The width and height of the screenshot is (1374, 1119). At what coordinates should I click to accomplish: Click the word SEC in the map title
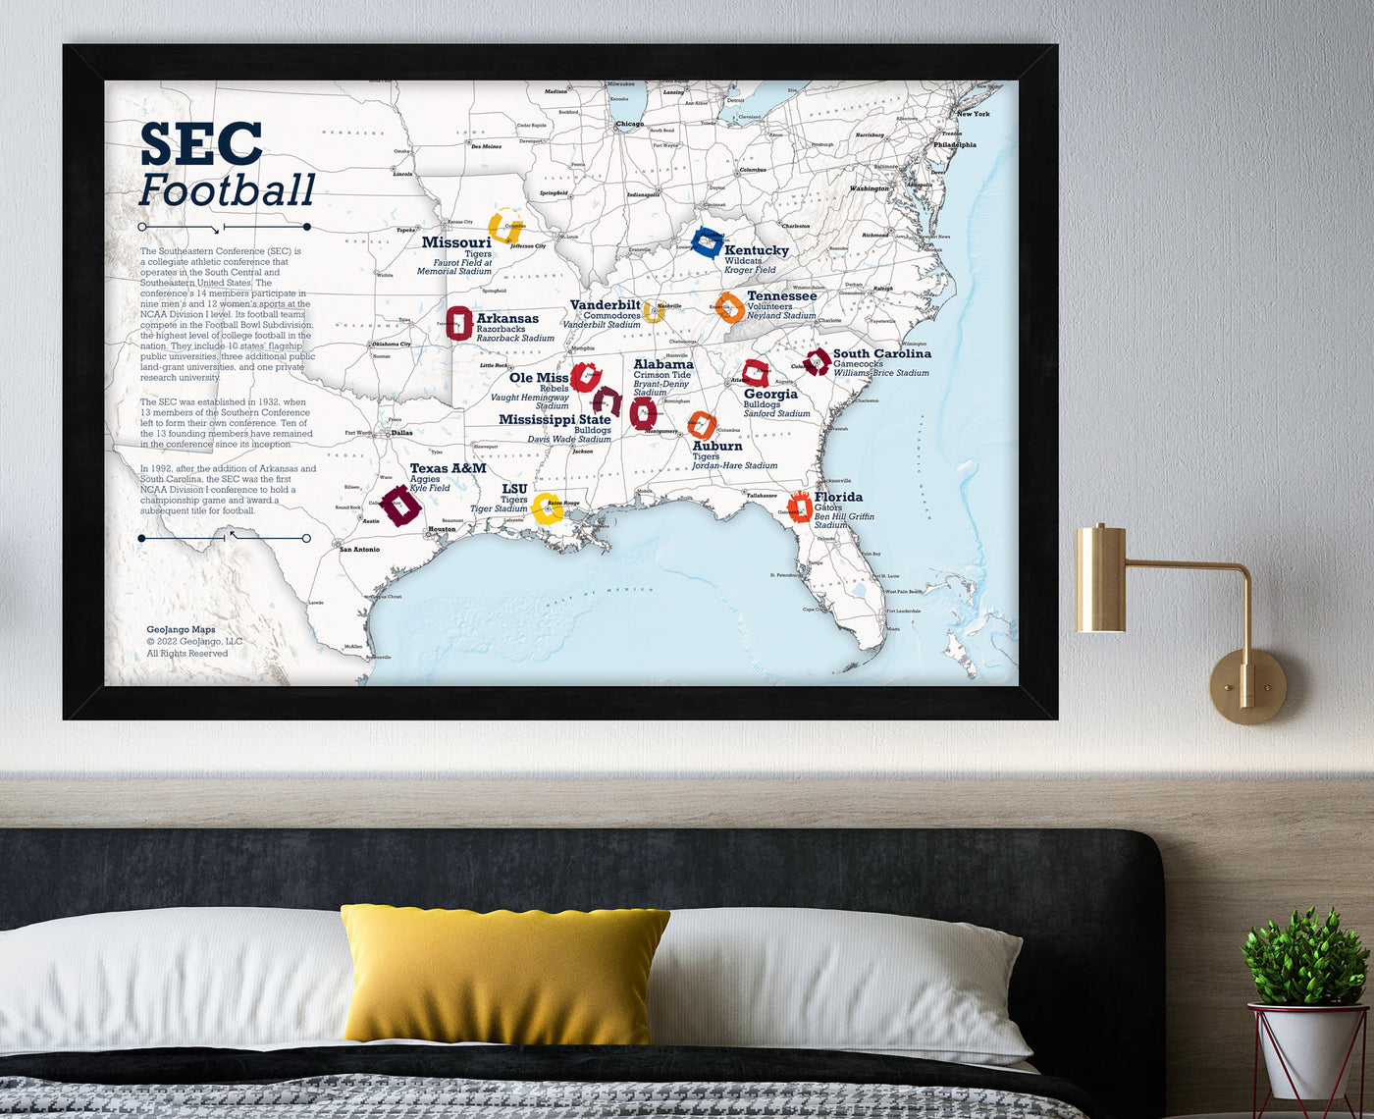coord(201,143)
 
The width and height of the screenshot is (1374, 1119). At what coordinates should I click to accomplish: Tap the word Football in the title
coord(227,190)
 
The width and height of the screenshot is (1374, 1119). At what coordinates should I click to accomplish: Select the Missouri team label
coord(456,242)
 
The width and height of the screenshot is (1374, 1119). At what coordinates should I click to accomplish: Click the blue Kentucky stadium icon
coord(706,240)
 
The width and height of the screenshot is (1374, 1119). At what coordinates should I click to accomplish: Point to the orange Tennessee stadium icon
coord(729,307)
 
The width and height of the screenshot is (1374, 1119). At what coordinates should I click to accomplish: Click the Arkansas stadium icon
coord(458,323)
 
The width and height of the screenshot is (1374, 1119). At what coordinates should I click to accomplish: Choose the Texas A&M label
coord(448,468)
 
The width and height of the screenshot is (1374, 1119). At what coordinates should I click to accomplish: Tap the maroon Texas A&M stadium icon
coord(399,506)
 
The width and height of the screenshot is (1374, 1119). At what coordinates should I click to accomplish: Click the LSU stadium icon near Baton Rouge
coord(547,508)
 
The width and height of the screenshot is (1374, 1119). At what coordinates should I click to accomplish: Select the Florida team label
coord(838,497)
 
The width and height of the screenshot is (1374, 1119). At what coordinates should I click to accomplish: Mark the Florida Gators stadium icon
coord(800,506)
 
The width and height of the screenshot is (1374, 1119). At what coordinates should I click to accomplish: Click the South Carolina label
coord(881,353)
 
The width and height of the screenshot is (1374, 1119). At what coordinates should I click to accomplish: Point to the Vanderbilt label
coord(606,305)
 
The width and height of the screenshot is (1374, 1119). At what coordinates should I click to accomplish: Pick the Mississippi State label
coord(555,419)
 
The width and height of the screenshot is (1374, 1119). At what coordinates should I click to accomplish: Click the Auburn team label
coord(717,446)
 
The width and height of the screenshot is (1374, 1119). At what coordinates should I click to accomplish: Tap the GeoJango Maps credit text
coord(181,630)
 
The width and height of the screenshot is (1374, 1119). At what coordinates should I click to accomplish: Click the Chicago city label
coord(629,124)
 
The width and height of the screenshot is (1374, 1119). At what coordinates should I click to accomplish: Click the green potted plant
coord(1305,957)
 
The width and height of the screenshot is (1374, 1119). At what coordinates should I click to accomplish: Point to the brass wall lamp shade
coord(1100,579)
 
